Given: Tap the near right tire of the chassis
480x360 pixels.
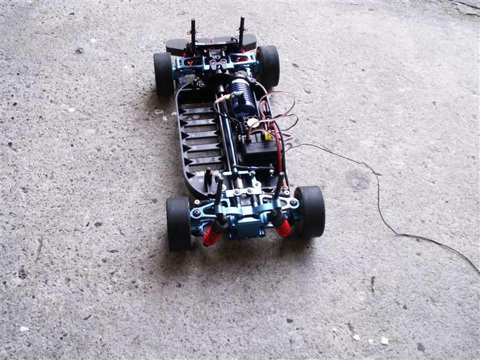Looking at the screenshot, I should [311, 211].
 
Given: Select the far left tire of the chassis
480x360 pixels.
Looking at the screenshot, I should [163, 73].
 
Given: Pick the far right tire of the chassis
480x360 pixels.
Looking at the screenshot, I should [268, 66].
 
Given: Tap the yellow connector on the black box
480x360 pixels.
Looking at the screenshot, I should [266, 136].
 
